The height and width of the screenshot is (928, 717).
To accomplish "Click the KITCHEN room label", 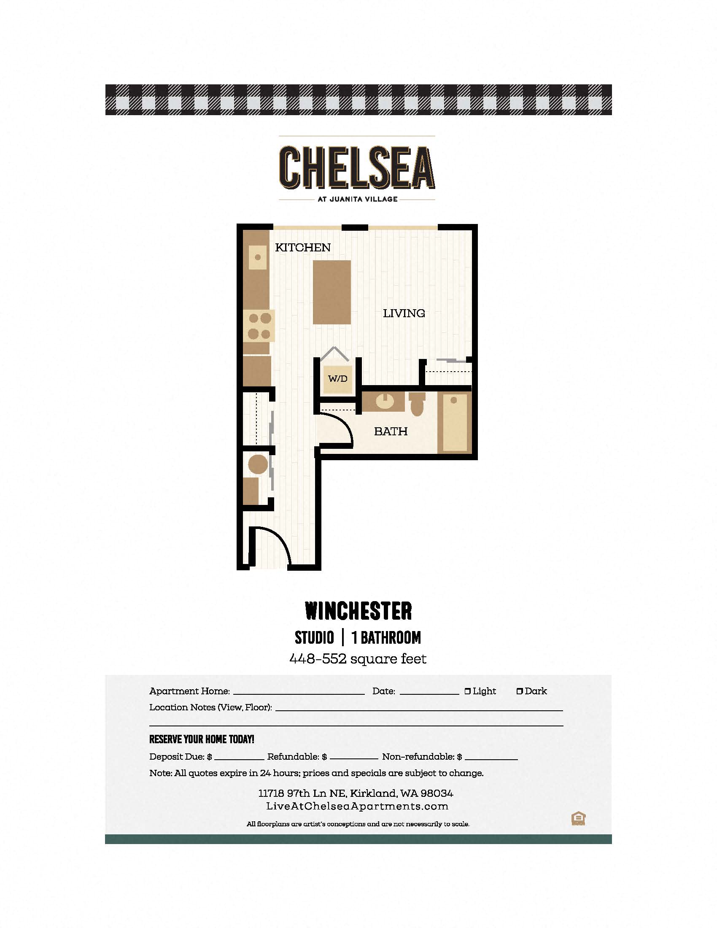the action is pyautogui.click(x=303, y=247).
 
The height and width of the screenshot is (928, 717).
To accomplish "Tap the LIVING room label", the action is pyautogui.click(x=404, y=313).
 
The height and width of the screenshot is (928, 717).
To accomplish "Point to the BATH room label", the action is pyautogui.click(x=391, y=431).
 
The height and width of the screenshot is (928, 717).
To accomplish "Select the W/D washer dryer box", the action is pyautogui.click(x=338, y=378).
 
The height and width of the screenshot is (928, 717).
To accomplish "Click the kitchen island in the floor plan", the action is pyautogui.click(x=332, y=292).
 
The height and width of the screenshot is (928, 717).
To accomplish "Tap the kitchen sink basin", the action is pyautogui.click(x=257, y=257).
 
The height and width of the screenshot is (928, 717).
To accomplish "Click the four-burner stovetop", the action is pyautogui.click(x=259, y=326).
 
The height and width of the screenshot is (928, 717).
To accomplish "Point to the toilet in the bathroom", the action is pyautogui.click(x=417, y=404).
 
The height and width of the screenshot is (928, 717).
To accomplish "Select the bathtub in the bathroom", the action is pyautogui.click(x=455, y=423).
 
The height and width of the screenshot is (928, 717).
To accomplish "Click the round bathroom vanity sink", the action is pyautogui.click(x=385, y=401).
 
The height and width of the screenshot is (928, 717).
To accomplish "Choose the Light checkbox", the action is pyautogui.click(x=468, y=691).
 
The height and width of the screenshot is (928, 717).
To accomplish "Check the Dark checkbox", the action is pyautogui.click(x=520, y=691).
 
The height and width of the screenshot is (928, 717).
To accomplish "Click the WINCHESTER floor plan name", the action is pyautogui.click(x=358, y=611).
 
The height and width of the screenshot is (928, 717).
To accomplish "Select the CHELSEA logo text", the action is pyautogui.click(x=357, y=167).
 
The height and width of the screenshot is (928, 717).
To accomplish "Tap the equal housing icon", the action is pyautogui.click(x=579, y=818).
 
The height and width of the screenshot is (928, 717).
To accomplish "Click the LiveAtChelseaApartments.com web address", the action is pyautogui.click(x=357, y=807).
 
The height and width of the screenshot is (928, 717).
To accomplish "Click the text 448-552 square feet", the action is pyautogui.click(x=358, y=659).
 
